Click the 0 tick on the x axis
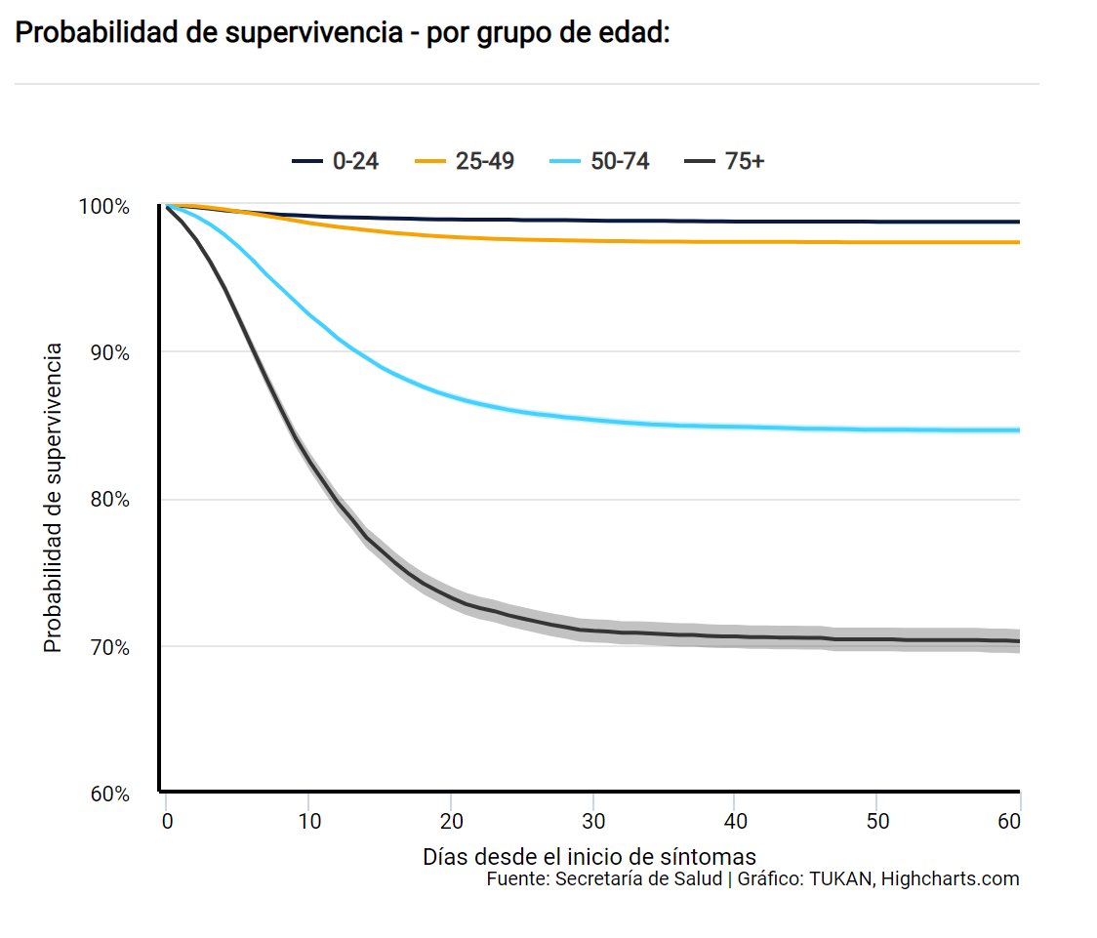click(167, 822)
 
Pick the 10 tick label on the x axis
click(308, 822)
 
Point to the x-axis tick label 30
click(593, 822)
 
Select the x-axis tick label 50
click(877, 822)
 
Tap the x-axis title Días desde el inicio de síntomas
click(589, 857)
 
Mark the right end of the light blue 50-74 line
click(1018, 430)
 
